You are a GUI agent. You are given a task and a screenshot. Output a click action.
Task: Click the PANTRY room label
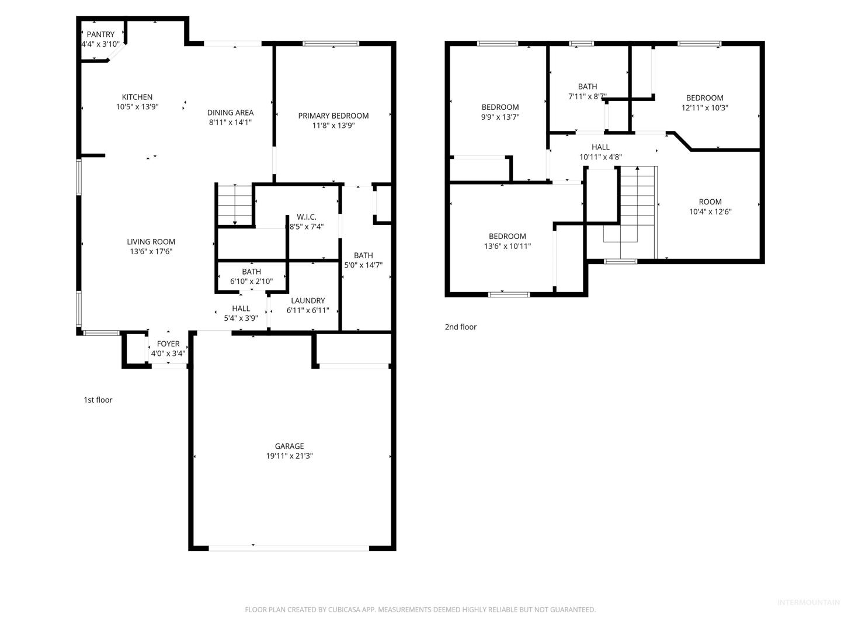pyautogui.click(x=100, y=34)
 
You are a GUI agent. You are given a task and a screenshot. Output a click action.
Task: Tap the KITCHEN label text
pyautogui.click(x=137, y=98)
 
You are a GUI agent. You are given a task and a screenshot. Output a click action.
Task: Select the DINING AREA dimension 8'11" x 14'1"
pyautogui.click(x=230, y=123)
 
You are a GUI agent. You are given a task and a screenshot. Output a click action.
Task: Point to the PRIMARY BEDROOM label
pyautogui.click(x=333, y=116)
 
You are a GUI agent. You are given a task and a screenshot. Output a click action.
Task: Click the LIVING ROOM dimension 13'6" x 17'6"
pyautogui.click(x=151, y=252)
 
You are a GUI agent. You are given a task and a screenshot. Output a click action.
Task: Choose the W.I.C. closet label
pyautogui.click(x=307, y=217)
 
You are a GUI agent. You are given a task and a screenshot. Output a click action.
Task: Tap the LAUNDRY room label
pyautogui.click(x=308, y=301)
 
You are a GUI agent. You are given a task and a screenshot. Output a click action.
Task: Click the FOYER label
pyautogui.click(x=168, y=344)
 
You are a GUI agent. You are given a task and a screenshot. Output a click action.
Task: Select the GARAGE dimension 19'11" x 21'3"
pyautogui.click(x=289, y=456)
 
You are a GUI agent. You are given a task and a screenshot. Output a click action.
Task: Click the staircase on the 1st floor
pyautogui.click(x=234, y=205)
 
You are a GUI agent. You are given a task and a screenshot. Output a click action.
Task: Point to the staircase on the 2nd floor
pyautogui.click(x=638, y=213)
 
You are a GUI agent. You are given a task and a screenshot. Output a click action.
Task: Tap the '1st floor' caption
pyautogui.click(x=98, y=400)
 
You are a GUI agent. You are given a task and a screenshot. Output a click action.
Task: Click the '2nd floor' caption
pyautogui.click(x=461, y=327)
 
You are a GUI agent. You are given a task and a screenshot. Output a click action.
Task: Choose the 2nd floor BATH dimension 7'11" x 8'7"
pyautogui.click(x=588, y=96)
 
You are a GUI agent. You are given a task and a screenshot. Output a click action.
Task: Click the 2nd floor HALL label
pyautogui.click(x=600, y=147)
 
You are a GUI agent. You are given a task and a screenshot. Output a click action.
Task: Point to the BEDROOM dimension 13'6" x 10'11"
pyautogui.click(x=508, y=247)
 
